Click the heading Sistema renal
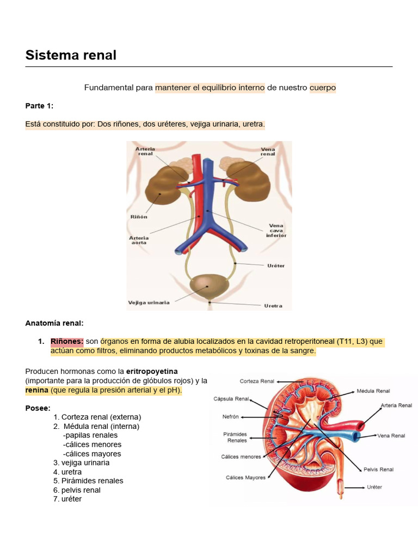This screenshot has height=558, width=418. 71,55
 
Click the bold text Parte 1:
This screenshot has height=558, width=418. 39,106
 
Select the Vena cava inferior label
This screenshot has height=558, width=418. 276,231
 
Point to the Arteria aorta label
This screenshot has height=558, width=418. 139,240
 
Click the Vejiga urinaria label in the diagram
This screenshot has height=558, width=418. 149,302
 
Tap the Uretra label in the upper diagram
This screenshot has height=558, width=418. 273,306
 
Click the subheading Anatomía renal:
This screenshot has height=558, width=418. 54,323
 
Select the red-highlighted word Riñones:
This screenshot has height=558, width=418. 67,342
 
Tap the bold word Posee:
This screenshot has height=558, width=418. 38,408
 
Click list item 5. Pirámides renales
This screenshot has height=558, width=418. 88,481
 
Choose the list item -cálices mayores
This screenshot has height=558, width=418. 92,453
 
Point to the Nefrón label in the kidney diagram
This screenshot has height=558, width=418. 231,417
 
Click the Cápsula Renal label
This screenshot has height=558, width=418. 231,399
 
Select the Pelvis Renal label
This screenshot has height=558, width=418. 378,469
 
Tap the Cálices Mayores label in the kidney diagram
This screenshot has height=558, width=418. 246,477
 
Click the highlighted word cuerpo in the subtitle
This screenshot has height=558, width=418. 322,87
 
